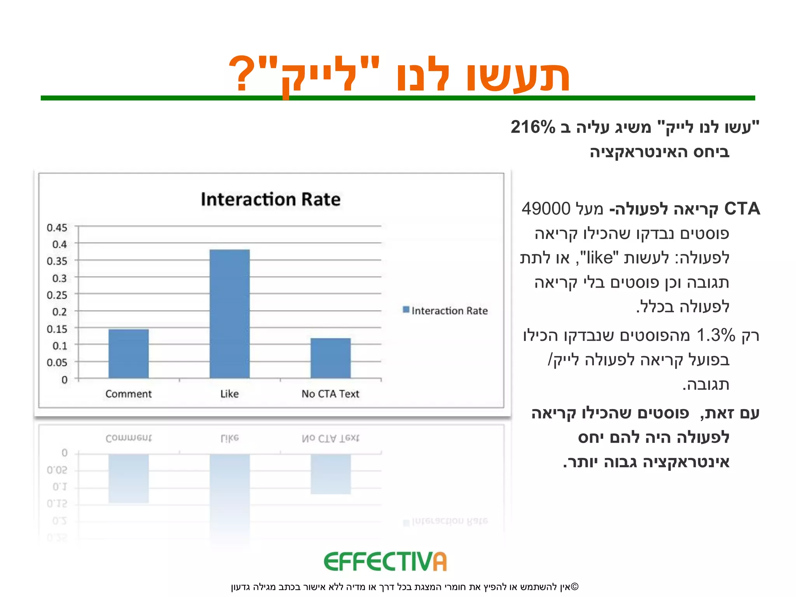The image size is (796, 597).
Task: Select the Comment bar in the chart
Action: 128,353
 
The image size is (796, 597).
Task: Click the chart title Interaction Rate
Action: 271,199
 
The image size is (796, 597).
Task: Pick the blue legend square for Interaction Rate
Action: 406,310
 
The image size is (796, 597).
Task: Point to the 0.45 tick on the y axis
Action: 57,228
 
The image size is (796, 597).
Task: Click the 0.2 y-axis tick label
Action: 59,312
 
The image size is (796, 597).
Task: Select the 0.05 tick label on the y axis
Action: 57,363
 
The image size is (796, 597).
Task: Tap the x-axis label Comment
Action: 128,394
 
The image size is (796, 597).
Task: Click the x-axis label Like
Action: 229,394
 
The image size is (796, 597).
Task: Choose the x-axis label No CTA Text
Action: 330,394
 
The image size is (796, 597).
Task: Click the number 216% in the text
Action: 533,127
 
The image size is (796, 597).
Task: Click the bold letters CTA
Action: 742,209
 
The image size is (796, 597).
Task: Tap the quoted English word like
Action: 600,258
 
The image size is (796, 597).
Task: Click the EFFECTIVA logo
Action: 385,562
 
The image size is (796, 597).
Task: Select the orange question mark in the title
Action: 242,74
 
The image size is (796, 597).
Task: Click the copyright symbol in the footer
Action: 575,587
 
